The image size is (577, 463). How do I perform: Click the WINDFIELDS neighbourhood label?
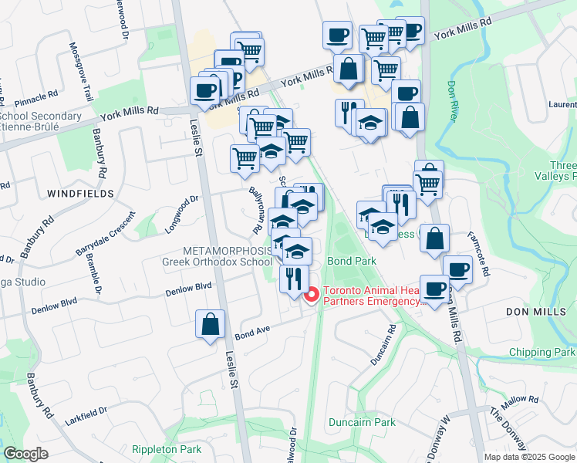click(79, 193)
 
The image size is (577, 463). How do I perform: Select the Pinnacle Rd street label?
click(36, 97)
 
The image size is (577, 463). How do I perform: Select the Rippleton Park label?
click(166, 449)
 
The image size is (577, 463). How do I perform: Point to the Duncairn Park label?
click(362, 422)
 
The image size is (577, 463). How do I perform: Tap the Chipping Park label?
click(542, 352)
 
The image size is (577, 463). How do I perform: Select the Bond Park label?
click(352, 262)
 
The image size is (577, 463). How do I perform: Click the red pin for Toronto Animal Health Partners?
click(312, 295)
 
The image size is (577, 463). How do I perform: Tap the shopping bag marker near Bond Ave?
click(211, 324)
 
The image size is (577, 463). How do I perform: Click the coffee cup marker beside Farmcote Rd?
click(457, 269)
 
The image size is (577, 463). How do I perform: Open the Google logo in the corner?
click(26, 453)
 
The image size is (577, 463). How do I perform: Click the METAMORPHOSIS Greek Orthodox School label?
click(217, 256)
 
